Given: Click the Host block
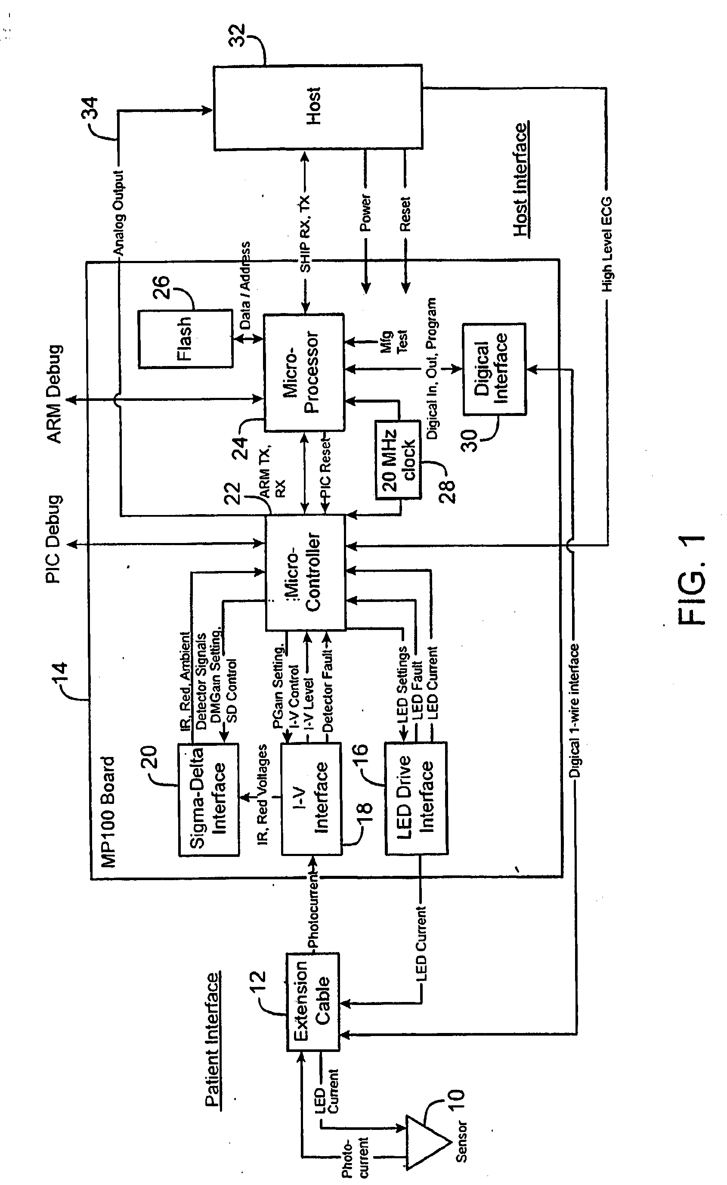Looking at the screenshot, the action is click(x=318, y=107).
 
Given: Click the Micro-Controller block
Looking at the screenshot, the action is click(x=305, y=572).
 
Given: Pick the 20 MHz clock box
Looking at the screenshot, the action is click(x=398, y=460).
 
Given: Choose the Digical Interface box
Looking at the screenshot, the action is click(x=494, y=369).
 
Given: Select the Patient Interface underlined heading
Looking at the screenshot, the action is click(x=213, y=1039).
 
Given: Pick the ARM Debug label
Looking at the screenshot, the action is click(x=54, y=394).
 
